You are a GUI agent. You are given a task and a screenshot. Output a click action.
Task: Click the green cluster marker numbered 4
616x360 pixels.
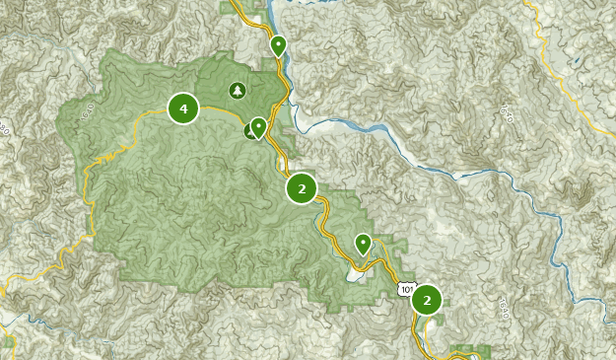(x=183, y=108)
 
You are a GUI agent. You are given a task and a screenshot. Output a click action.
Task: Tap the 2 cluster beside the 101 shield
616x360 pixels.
(x=427, y=299)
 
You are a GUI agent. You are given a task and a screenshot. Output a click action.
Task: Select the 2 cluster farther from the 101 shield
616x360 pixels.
(x=302, y=187)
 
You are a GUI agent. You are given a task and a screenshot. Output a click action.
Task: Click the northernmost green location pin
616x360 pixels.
(x=279, y=45)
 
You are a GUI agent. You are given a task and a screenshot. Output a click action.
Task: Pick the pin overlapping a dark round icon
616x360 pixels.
(x=258, y=127)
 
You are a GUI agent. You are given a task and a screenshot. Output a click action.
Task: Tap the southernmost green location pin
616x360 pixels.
(x=363, y=244)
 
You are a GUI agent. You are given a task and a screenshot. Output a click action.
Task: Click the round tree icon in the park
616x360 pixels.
(x=237, y=92)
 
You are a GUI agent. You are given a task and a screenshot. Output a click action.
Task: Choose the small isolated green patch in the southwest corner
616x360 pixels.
(x=7, y=346)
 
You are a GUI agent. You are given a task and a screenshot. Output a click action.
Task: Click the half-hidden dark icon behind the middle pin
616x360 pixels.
(x=250, y=130)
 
